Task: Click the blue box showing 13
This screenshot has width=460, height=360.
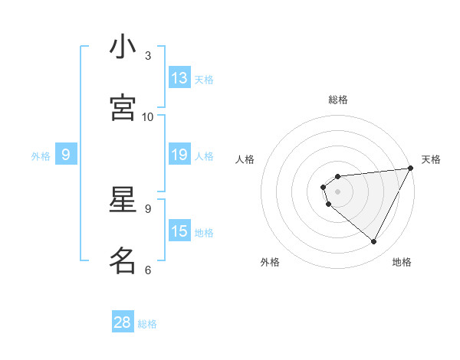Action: [x=179, y=78]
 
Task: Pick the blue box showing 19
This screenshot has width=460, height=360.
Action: [x=179, y=155]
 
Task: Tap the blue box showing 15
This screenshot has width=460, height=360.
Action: [x=179, y=231]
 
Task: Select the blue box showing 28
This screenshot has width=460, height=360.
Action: [x=123, y=322]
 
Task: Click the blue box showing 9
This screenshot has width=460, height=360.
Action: [x=66, y=155]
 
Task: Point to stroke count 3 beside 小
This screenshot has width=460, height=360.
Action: [x=148, y=56]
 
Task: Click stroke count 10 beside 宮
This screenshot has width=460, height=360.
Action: [x=148, y=116]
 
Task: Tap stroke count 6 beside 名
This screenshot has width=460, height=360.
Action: [x=148, y=270]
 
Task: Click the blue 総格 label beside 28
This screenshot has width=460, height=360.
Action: [x=147, y=324]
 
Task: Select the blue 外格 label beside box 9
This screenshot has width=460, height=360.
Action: [x=41, y=156]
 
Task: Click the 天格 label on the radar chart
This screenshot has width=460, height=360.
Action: [x=432, y=159]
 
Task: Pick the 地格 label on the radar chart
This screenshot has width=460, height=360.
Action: [x=402, y=262]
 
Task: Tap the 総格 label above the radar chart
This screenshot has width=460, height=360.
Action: [x=338, y=100]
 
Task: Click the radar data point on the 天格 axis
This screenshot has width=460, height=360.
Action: [x=409, y=169]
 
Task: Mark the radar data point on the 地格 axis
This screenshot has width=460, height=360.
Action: [x=373, y=241]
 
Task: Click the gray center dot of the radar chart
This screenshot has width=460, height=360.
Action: [x=338, y=191]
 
